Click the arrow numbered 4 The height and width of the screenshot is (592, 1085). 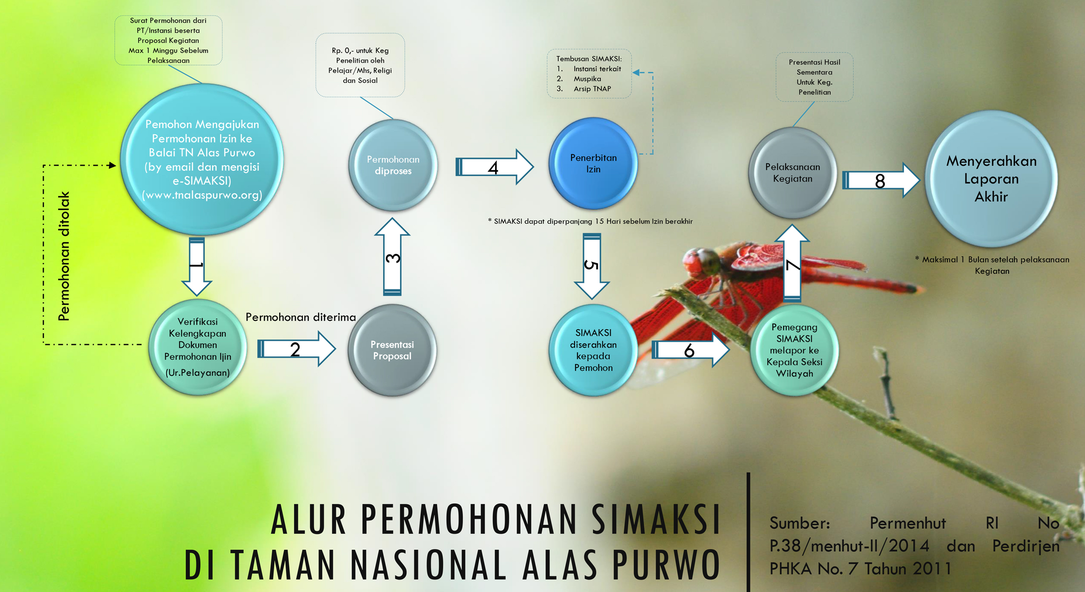(x=494, y=167)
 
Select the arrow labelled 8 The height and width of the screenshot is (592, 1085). (x=881, y=180)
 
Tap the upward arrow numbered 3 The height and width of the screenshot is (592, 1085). (x=392, y=257)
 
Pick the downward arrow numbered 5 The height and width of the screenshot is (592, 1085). (x=591, y=266)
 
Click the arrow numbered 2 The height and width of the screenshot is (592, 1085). (x=296, y=349)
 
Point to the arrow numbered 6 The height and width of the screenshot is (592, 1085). (x=690, y=350)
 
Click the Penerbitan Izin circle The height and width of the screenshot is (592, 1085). (x=593, y=163)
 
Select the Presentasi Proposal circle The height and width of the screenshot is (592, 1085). (x=392, y=350)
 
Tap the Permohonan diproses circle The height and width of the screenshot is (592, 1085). (x=393, y=165)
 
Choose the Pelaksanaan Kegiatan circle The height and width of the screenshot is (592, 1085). (x=793, y=173)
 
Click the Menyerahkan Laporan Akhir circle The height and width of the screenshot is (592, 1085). (x=991, y=179)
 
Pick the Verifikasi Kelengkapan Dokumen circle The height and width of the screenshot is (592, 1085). (x=198, y=347)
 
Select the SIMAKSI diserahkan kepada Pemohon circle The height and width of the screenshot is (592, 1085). (x=593, y=350)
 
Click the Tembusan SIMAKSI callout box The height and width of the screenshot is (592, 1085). (x=589, y=74)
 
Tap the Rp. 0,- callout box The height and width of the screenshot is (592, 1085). (x=360, y=65)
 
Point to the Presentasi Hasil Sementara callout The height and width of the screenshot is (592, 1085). (x=814, y=77)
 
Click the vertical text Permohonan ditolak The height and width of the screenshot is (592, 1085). (x=64, y=257)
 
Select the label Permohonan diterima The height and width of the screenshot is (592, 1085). (x=301, y=317)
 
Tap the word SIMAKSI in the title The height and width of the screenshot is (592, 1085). (x=656, y=519)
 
